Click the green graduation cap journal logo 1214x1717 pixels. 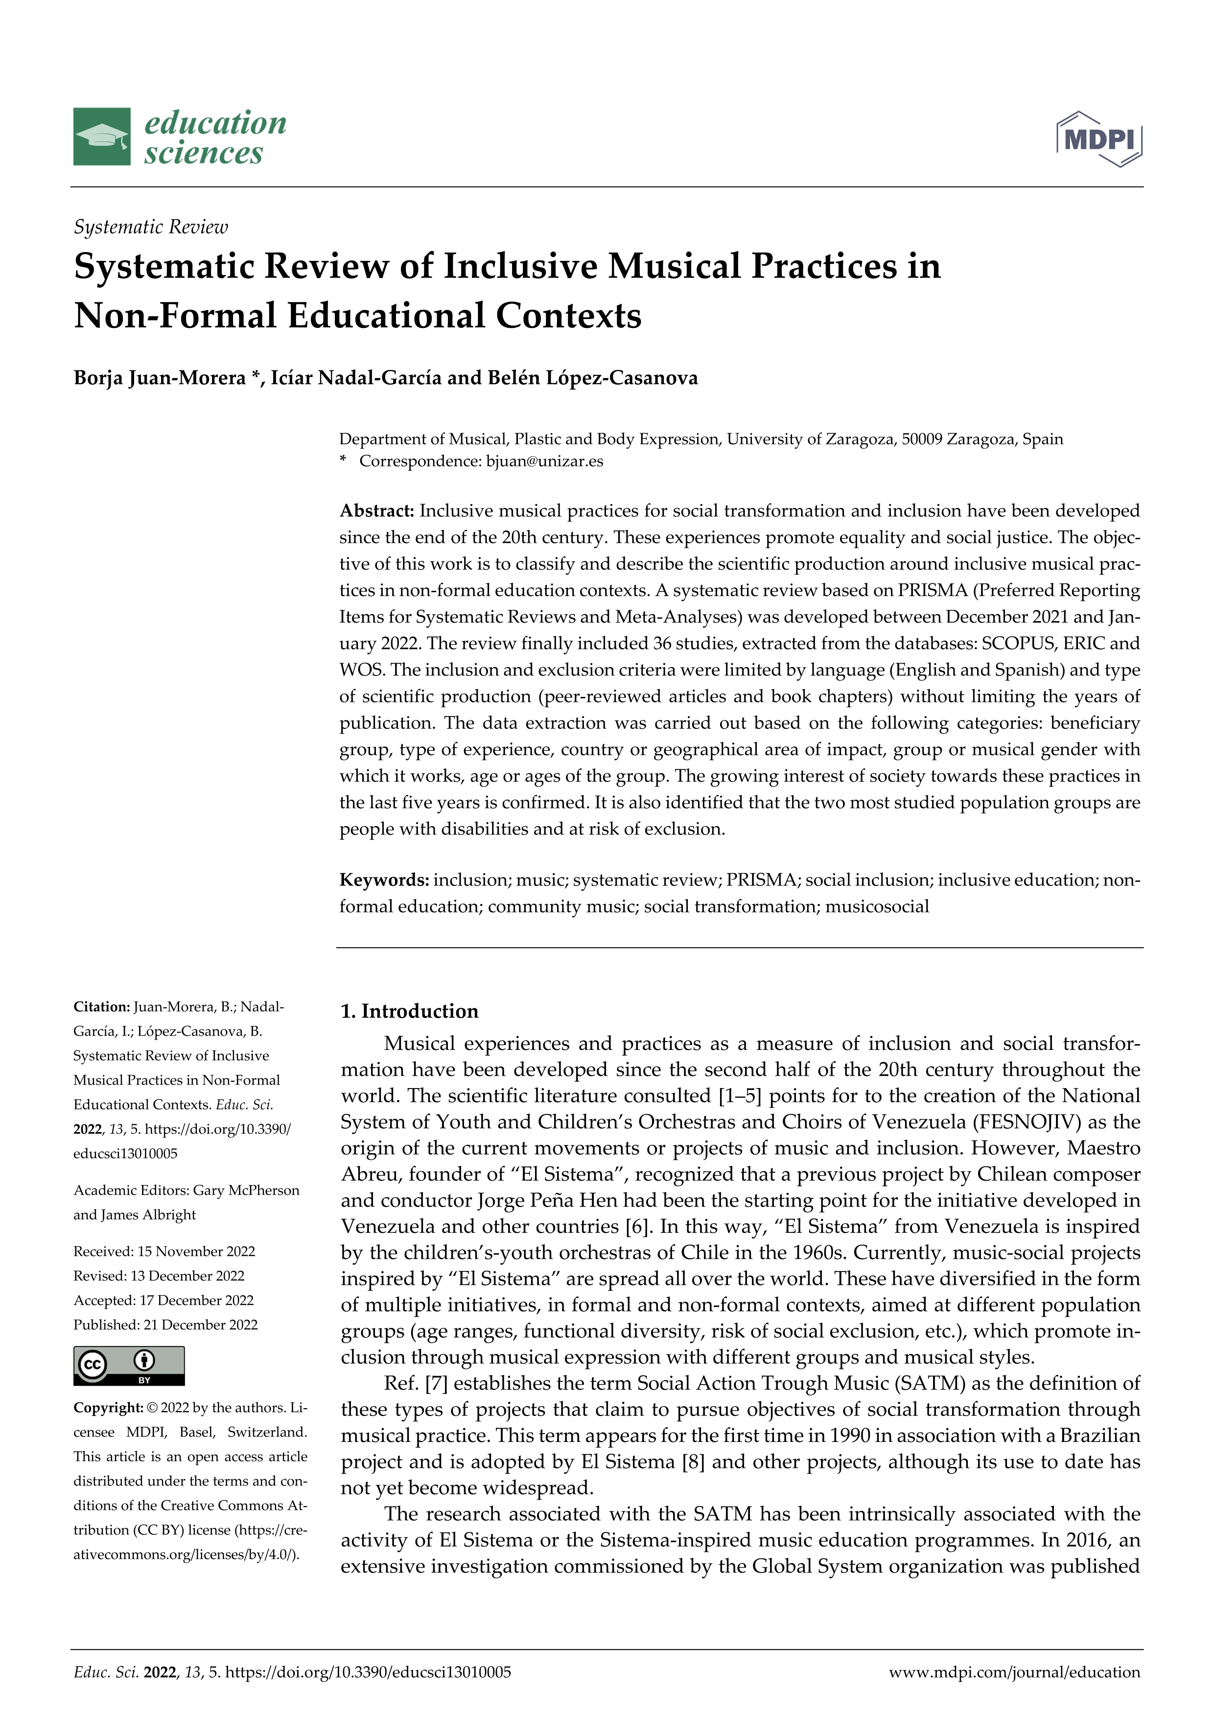pos(102,137)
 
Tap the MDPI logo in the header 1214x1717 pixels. pos(1099,139)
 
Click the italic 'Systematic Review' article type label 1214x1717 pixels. pos(150,227)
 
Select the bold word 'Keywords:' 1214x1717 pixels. pos(384,880)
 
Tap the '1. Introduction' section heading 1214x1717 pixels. pos(409,1011)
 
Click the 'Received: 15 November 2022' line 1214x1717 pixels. pos(164,1251)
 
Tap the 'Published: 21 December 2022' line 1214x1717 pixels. pos(165,1324)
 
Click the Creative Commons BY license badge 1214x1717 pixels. pos(129,1366)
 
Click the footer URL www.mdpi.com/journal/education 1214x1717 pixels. pos(1014,1672)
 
